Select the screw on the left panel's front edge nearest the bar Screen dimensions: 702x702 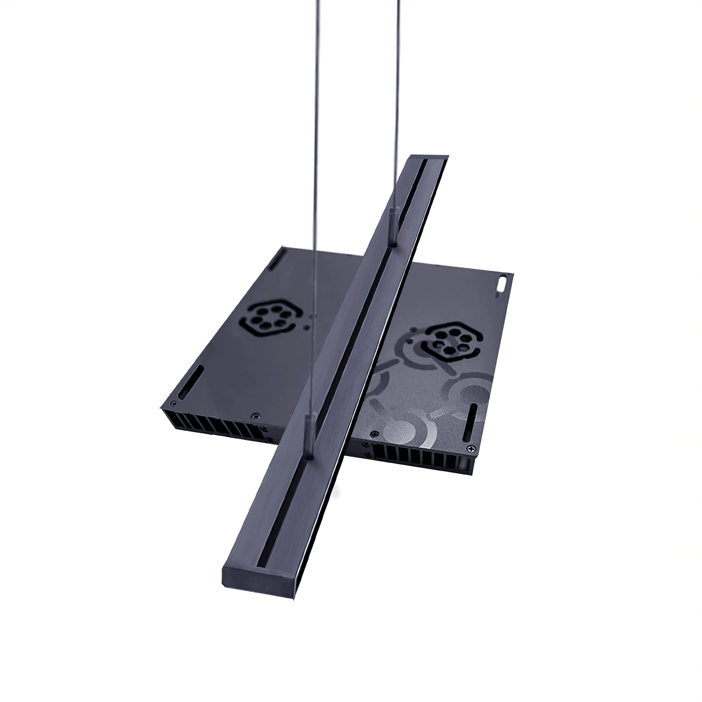coord(257,415)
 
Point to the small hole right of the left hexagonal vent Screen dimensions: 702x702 coord(308,327)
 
